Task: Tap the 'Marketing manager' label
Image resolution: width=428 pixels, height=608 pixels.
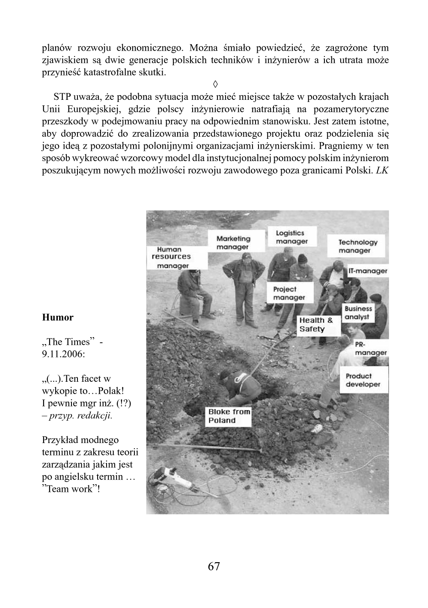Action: click(233, 243)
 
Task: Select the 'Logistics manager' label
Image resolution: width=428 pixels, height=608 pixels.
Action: click(291, 237)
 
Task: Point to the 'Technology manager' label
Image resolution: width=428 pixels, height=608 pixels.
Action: click(357, 246)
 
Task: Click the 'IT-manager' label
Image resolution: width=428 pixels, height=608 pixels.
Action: click(368, 271)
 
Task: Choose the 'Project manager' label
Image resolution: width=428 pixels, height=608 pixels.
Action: click(289, 294)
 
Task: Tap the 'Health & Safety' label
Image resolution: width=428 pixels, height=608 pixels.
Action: click(316, 325)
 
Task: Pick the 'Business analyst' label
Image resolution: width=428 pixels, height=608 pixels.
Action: click(358, 313)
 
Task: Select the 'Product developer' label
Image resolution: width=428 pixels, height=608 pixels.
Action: click(363, 380)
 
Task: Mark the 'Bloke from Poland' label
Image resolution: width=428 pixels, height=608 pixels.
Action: click(229, 416)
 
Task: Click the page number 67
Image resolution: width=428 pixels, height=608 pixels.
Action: click(214, 566)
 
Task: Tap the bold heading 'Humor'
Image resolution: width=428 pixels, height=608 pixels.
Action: click(58, 317)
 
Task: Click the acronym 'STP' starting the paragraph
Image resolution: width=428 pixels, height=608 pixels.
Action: click(62, 96)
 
